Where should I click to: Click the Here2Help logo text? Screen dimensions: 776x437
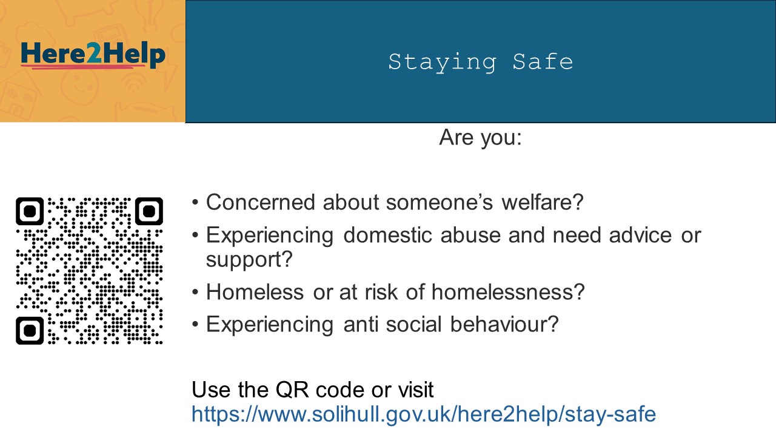[x=93, y=54]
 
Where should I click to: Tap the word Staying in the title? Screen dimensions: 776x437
[x=442, y=63]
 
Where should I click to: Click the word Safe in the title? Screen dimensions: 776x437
[x=543, y=62]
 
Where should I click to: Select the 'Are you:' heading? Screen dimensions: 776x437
[x=480, y=138]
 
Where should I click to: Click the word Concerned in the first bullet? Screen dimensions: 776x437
[x=261, y=202]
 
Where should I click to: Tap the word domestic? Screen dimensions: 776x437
[x=387, y=235]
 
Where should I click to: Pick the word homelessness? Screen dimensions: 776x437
[x=508, y=292]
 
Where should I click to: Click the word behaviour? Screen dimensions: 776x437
[x=504, y=324]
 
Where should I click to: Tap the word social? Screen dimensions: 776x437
[x=413, y=324]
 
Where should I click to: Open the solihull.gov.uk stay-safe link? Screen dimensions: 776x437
[x=424, y=414]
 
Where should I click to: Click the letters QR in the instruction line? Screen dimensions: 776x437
[x=292, y=390]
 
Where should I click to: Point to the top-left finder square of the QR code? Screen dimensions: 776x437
[x=30, y=211]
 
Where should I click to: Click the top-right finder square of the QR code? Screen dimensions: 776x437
[x=149, y=211]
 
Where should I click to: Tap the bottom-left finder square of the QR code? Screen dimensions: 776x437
[x=30, y=331]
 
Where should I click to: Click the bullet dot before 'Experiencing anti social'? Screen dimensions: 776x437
[x=195, y=325]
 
